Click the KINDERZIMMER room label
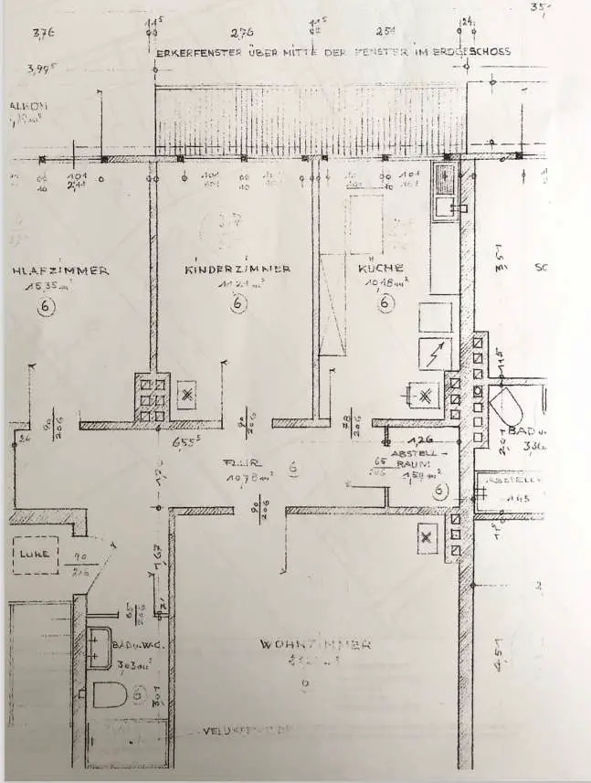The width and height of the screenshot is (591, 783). point(237,270)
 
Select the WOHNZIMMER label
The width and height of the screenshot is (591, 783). point(315,644)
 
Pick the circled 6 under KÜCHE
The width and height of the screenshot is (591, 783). point(386,302)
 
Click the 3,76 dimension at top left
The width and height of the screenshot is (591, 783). point(44,35)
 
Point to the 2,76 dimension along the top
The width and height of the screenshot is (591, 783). point(242,34)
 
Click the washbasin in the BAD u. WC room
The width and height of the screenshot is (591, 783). point(100,648)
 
